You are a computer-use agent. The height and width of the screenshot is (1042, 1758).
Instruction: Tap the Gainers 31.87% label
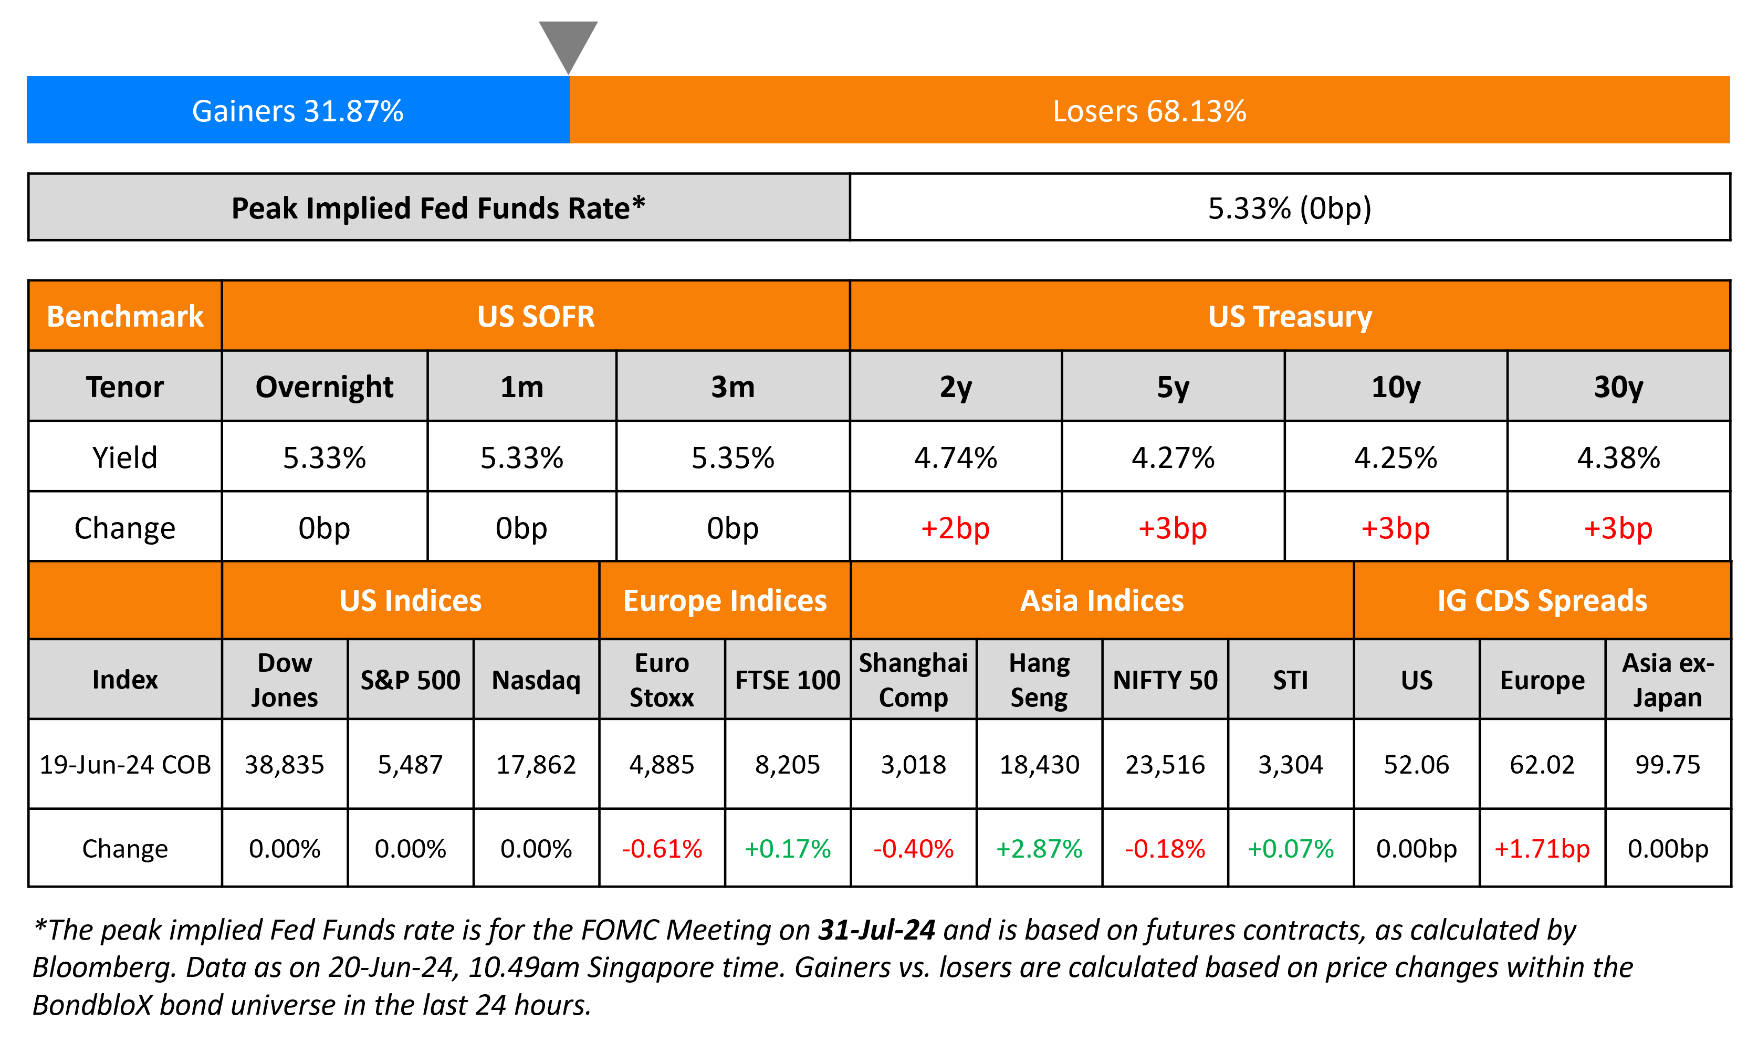pos(298,111)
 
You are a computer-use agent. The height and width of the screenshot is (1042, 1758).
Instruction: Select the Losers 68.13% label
pos(1149,111)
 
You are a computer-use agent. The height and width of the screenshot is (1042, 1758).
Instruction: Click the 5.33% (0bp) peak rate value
pos(1289,208)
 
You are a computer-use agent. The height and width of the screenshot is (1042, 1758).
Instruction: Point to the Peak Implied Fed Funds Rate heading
pos(438,208)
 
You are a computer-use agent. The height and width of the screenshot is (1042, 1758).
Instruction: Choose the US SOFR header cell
pos(536,316)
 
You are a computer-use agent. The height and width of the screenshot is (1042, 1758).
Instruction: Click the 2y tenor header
pos(955,387)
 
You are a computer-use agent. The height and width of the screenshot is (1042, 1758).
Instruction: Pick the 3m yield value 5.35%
pos(732,458)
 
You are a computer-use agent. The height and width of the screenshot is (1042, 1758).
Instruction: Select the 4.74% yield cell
pos(955,458)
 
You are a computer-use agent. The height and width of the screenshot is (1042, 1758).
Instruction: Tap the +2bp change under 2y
pos(955,528)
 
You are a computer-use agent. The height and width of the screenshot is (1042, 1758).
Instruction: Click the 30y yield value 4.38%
pos(1618,458)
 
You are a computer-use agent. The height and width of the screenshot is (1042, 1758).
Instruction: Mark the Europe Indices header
pos(725,601)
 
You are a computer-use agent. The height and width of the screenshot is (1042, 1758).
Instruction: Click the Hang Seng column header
pos(1039,680)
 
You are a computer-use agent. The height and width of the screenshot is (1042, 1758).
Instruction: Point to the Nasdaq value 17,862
pos(536,764)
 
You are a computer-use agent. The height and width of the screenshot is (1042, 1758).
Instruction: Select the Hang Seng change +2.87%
pos(1039,848)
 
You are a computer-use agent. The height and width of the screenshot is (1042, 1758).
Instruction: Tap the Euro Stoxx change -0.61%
pos(662,848)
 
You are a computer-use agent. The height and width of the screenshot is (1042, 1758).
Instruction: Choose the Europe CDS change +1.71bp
pos(1542,848)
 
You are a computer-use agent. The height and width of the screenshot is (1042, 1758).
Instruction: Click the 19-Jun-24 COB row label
pos(125,764)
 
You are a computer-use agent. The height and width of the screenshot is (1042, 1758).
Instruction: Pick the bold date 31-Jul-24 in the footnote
pos(876,930)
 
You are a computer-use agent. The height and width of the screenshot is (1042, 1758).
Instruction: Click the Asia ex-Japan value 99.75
pos(1668,764)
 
